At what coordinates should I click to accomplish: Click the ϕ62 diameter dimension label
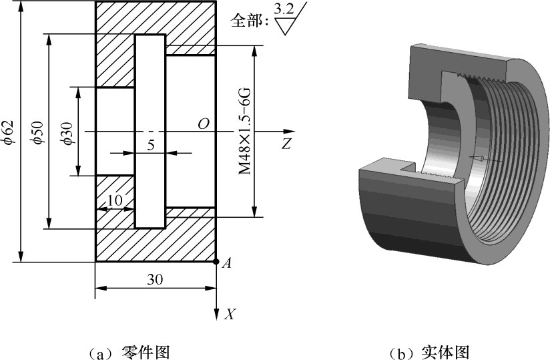(x=7, y=132)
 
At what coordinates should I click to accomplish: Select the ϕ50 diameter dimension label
(x=38, y=132)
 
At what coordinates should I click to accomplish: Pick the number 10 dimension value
(x=115, y=200)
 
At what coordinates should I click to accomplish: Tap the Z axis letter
(x=286, y=143)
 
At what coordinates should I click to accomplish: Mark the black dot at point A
(x=216, y=262)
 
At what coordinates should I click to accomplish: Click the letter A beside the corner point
(x=226, y=264)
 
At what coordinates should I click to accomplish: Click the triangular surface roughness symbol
(x=288, y=25)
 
